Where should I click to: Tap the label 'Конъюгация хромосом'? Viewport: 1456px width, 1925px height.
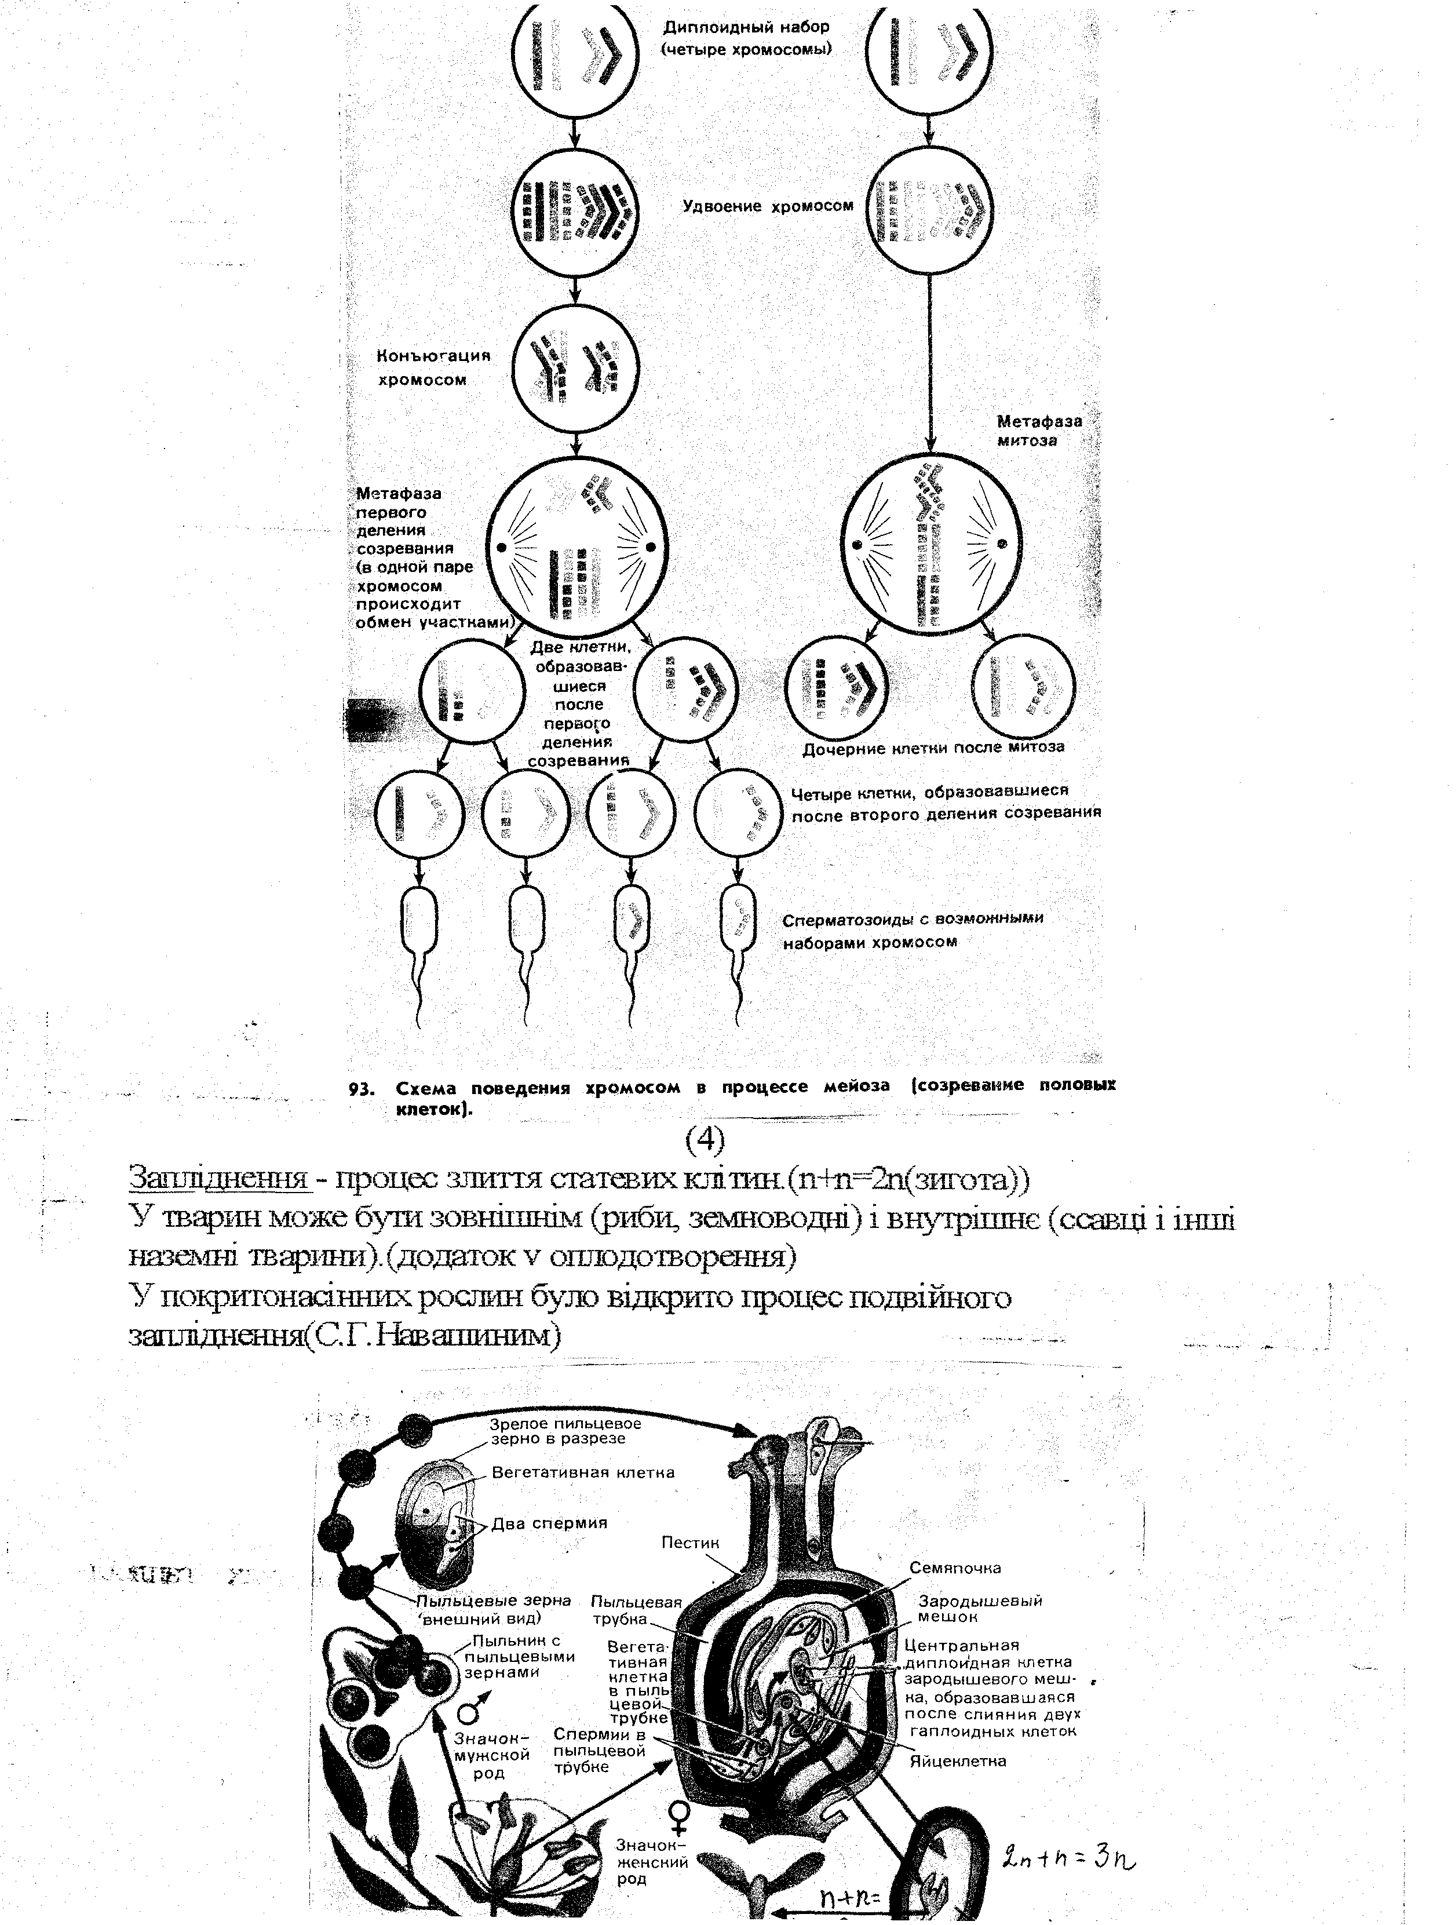coord(433,367)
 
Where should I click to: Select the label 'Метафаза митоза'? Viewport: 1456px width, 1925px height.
coord(1038,430)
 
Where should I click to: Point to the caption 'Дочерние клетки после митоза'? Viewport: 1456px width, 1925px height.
coord(932,748)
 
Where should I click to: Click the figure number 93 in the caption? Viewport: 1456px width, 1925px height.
coord(361,1088)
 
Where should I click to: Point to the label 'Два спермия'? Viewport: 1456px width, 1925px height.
coord(549,1523)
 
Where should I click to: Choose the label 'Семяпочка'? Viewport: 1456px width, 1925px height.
coord(955,1567)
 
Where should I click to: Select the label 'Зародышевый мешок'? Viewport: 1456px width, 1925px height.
coord(980,1607)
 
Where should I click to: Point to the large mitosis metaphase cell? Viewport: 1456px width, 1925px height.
coord(931,544)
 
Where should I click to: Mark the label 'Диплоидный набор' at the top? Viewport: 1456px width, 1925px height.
coord(746,27)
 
